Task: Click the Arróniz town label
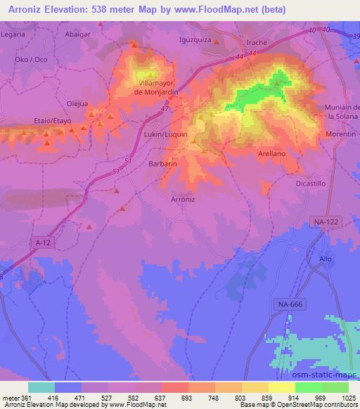coord(182,199)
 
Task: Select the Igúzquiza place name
coord(195,40)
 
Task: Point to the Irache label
coord(257,42)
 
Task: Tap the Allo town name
coord(324,259)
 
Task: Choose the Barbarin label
coord(162,163)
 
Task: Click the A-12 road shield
coord(44,242)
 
